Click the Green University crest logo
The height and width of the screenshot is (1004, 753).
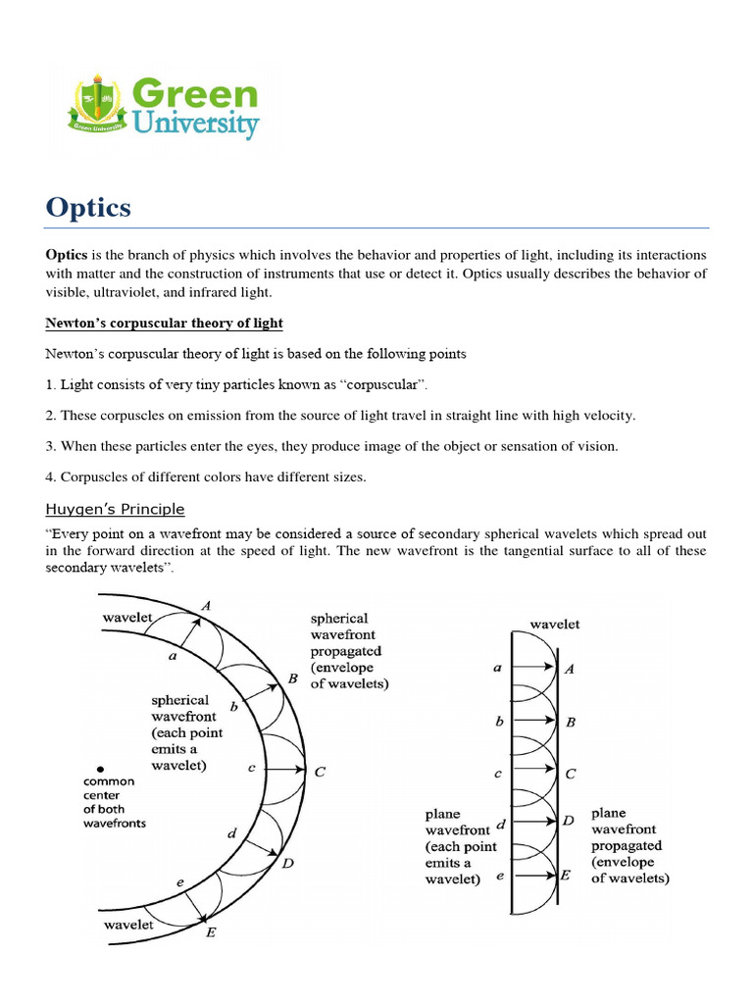(94, 106)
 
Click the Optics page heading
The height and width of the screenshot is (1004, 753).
(88, 208)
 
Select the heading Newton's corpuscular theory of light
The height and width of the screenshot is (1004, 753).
(164, 324)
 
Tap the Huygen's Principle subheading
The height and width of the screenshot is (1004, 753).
(116, 509)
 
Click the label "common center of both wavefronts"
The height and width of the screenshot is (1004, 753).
(116, 802)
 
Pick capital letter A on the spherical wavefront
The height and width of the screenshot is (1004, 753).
(205, 606)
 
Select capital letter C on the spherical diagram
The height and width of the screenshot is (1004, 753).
(319, 772)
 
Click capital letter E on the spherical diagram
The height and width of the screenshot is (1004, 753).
(211, 932)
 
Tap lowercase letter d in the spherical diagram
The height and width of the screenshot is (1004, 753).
(231, 833)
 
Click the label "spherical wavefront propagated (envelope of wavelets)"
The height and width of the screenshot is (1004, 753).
(348, 651)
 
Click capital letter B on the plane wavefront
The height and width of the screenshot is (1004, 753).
(571, 722)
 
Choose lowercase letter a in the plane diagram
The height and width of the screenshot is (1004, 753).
(498, 667)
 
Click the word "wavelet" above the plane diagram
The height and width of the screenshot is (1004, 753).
(554, 624)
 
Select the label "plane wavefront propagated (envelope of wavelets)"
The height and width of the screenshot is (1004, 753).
(629, 846)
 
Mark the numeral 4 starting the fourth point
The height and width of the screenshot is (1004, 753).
(50, 477)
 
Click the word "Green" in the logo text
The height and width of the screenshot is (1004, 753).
(194, 95)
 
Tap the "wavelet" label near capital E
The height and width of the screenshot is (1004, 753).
(128, 925)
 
